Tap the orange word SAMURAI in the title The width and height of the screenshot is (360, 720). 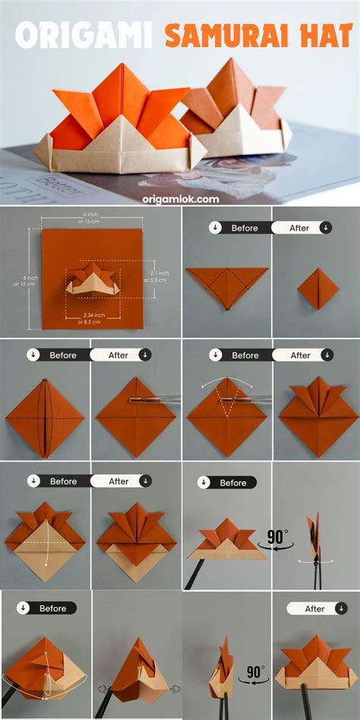[228, 34]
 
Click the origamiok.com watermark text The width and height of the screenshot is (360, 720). [180, 199]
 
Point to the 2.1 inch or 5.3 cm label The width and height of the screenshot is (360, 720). [157, 277]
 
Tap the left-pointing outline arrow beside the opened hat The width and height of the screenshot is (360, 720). [101, 690]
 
